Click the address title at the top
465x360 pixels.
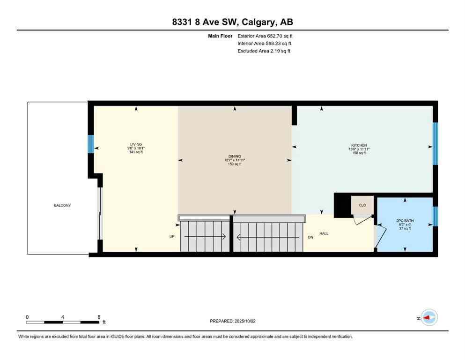tap(232, 22)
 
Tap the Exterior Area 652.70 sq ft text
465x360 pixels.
tap(265, 36)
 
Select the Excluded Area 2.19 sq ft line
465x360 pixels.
tap(264, 51)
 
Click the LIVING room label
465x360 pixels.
tap(136, 144)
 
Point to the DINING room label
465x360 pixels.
tap(235, 156)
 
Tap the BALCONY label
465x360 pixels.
tap(62, 205)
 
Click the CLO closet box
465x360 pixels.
tap(362, 205)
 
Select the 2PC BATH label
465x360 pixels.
tap(405, 220)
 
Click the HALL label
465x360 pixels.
tap(324, 233)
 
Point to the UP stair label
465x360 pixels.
tap(172, 237)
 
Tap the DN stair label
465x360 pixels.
tap(310, 237)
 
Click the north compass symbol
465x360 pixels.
tap(428, 317)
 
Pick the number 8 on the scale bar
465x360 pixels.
tap(99, 317)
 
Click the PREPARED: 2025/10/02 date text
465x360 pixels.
tap(232, 321)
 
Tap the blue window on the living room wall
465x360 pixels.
tap(91, 144)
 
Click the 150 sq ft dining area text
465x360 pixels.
tap(235, 164)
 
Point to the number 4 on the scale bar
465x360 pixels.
tap(63, 317)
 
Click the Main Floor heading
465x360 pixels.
tap(221, 36)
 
